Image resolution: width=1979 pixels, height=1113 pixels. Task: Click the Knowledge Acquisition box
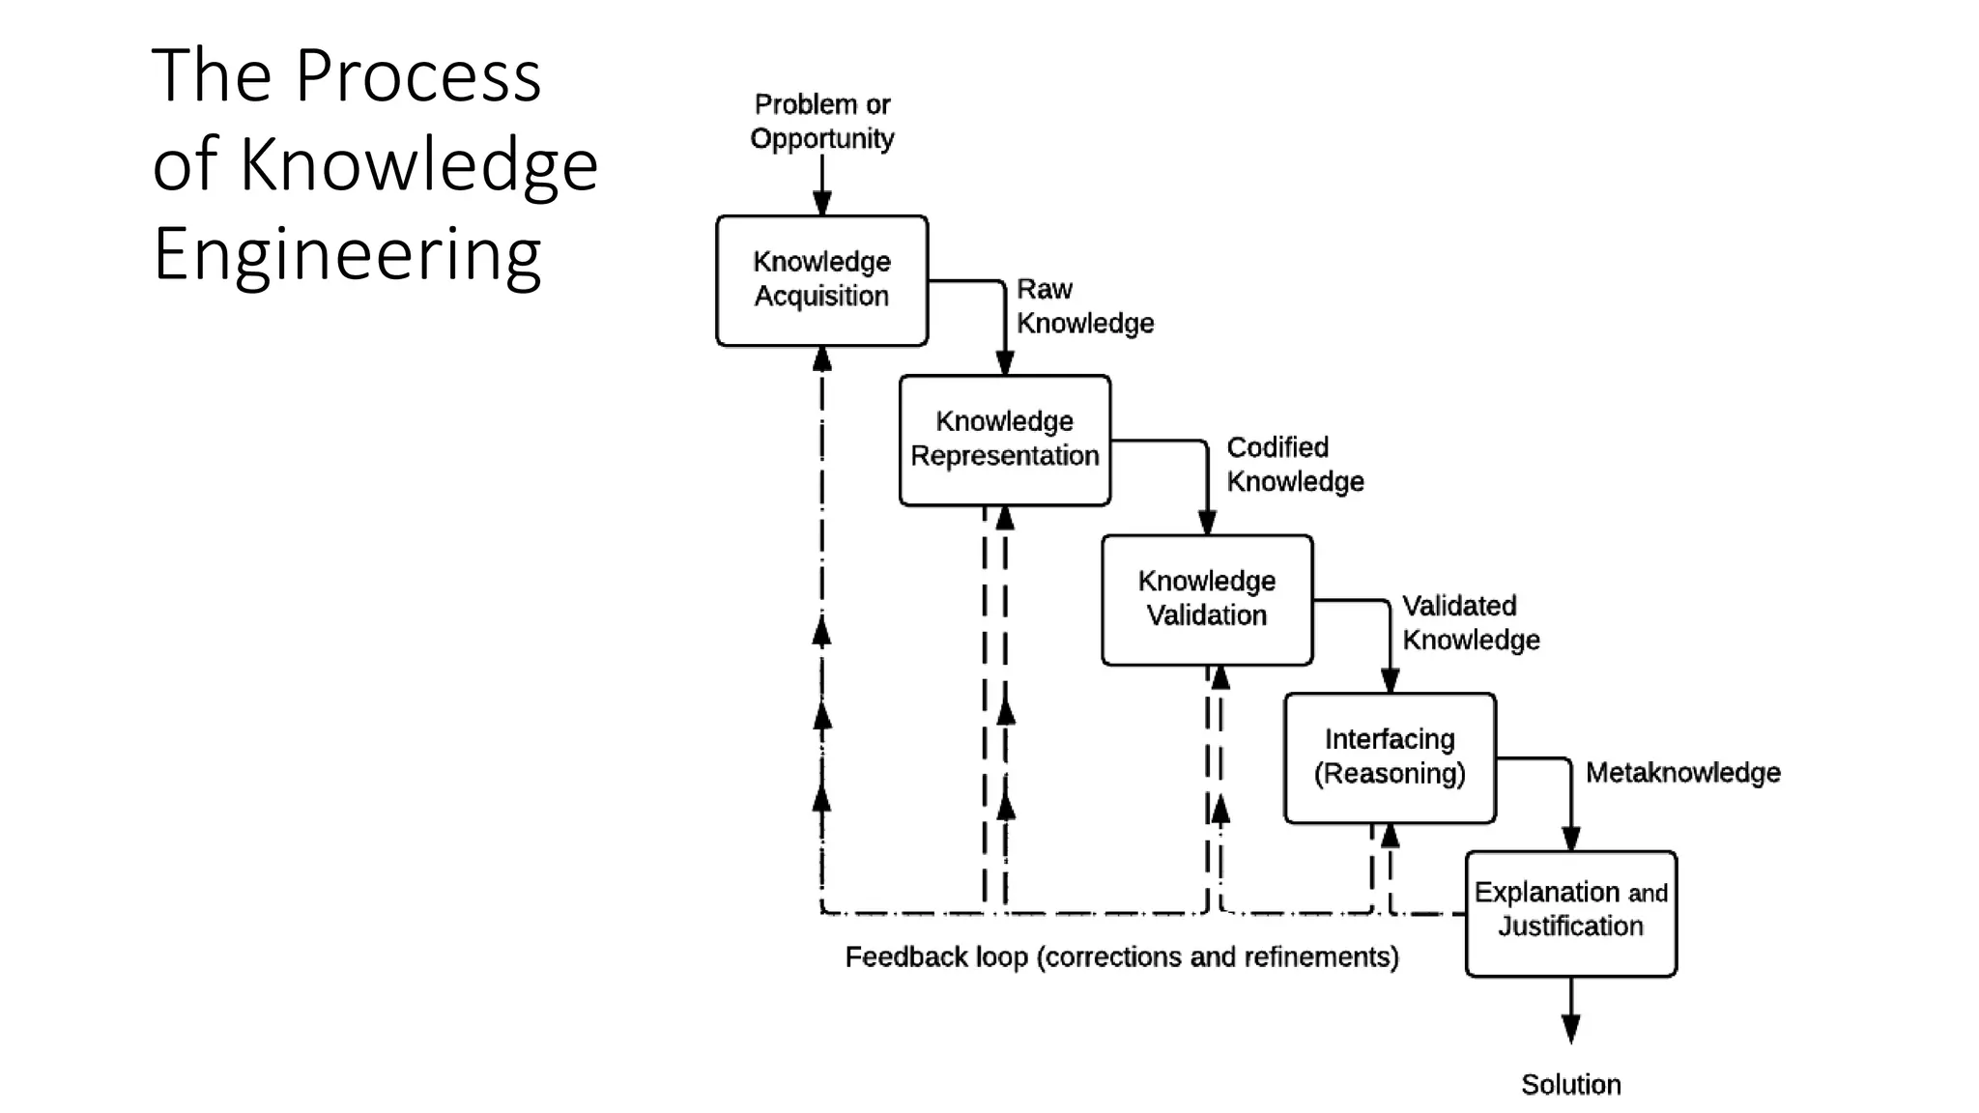[821, 280]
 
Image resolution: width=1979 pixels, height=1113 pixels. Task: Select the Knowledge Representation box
[1004, 440]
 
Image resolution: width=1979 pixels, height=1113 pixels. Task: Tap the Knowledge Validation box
[1206, 599]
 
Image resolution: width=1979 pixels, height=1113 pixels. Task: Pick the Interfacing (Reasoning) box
[1389, 757]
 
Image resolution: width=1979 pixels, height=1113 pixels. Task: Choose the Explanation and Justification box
[1570, 912]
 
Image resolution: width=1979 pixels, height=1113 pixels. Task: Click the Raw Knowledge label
[1083, 305]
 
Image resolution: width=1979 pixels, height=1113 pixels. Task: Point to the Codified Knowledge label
[1294, 464]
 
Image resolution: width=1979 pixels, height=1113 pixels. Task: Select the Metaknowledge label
[1682, 772]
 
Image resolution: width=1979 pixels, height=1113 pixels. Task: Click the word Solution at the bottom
[1570, 1084]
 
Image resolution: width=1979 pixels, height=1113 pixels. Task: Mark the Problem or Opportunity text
[821, 121]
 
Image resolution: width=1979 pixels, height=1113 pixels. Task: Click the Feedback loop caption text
[1121, 956]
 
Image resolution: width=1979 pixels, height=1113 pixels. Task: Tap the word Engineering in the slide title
[347, 254]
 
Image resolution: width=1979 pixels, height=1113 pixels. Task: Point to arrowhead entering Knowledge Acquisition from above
[821, 204]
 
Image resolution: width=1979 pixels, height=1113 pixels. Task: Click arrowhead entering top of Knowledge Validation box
[1206, 523]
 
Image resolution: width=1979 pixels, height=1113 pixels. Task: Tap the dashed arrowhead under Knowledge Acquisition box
[821, 359]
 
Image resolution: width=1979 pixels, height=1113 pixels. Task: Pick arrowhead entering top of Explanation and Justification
[1570, 839]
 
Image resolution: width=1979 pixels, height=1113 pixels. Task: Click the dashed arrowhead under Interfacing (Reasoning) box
[1390, 836]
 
